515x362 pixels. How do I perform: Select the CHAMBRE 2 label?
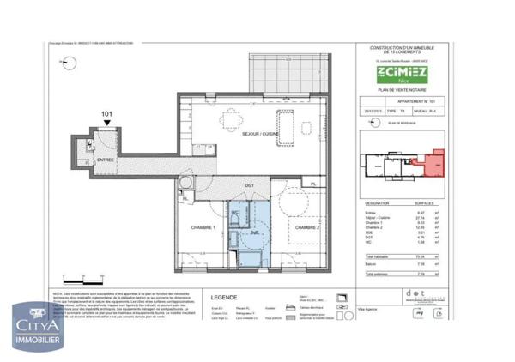point(307,226)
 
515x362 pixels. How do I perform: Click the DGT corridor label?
point(249,184)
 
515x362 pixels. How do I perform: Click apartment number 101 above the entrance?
point(106,112)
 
